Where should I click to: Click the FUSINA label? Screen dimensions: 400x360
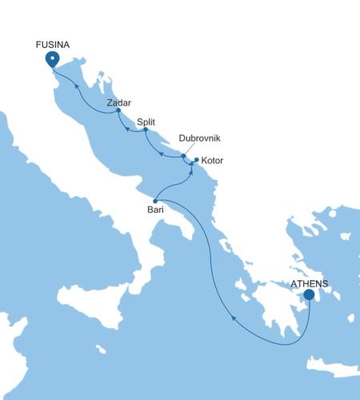[53, 46]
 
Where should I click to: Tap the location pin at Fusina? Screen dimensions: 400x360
[53, 60]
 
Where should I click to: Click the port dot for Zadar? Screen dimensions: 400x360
[118, 110]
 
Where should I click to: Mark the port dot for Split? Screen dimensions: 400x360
[145, 129]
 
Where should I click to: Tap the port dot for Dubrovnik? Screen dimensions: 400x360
[184, 157]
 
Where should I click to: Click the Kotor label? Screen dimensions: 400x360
[212, 161]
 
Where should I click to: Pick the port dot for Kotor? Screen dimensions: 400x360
[197, 159]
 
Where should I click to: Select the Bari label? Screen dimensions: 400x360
[156, 210]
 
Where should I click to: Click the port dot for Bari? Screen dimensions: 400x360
[155, 199]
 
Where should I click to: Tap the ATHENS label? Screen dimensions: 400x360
[309, 283]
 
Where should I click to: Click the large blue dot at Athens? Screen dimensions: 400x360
[309, 294]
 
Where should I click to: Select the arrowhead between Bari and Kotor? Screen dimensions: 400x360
[192, 173]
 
